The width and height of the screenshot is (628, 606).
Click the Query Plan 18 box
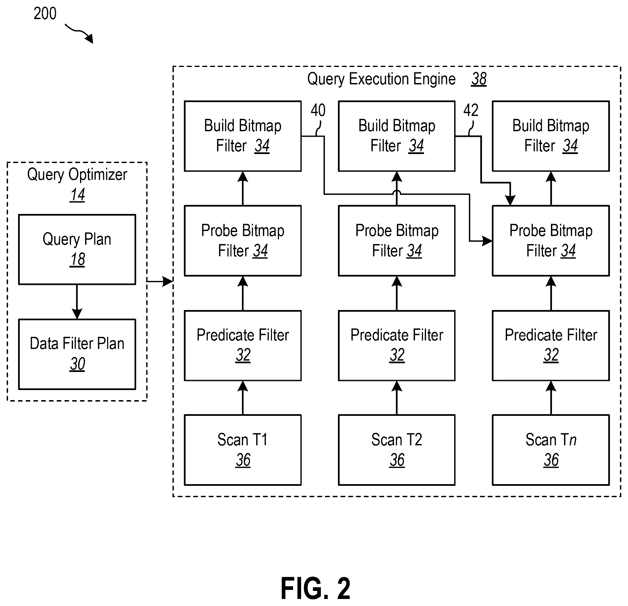coord(77,249)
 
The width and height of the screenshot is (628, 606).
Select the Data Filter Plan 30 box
coord(77,354)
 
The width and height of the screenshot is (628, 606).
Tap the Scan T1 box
coord(243,450)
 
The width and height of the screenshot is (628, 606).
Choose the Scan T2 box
coord(397,450)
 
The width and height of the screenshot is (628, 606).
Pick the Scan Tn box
coord(551,450)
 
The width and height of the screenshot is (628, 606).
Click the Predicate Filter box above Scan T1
coord(243,346)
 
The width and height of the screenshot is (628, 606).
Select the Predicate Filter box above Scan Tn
coord(551,346)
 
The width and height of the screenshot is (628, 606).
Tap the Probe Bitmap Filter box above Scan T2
coord(397,241)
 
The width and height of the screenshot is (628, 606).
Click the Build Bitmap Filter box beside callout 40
coord(243,136)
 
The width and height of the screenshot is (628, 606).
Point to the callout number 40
coord(318,110)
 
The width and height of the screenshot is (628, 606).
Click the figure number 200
coord(45,14)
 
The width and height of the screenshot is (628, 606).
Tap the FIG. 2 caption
coord(316,588)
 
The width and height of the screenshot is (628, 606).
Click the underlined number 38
coord(479,79)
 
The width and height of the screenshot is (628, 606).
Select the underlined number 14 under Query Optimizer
coord(77,195)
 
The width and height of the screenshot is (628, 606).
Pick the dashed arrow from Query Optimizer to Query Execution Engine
coord(160,282)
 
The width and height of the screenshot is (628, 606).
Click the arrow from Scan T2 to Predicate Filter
coord(397,398)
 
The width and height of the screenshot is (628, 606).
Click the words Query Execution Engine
coord(381,79)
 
